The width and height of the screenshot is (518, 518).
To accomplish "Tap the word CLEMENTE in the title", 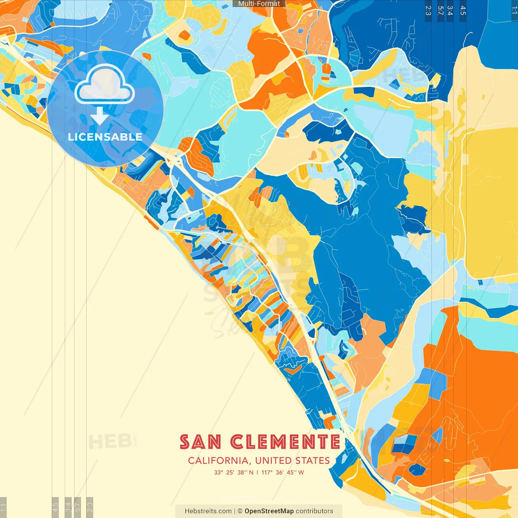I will (285, 442).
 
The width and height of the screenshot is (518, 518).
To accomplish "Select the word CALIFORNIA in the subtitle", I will (218, 461).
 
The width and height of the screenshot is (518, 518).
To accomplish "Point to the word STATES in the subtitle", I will (312, 461).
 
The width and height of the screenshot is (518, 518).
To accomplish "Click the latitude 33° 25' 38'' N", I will (234, 472).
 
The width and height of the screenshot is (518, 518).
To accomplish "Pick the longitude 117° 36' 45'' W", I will (282, 472).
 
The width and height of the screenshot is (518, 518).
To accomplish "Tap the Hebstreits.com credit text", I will (208, 511).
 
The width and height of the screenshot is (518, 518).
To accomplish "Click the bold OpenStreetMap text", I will (269, 511).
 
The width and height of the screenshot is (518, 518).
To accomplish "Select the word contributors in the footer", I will (314, 511).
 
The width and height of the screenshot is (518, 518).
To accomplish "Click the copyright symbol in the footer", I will (240, 511).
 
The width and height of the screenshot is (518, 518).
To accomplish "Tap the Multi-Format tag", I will (259, 4).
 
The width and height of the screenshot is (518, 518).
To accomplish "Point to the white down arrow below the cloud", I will (100, 116).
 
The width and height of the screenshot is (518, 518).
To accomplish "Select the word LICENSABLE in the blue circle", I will (105, 137).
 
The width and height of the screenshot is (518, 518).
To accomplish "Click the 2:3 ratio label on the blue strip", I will (428, 11).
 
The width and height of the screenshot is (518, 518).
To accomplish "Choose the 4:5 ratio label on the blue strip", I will (463, 11).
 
